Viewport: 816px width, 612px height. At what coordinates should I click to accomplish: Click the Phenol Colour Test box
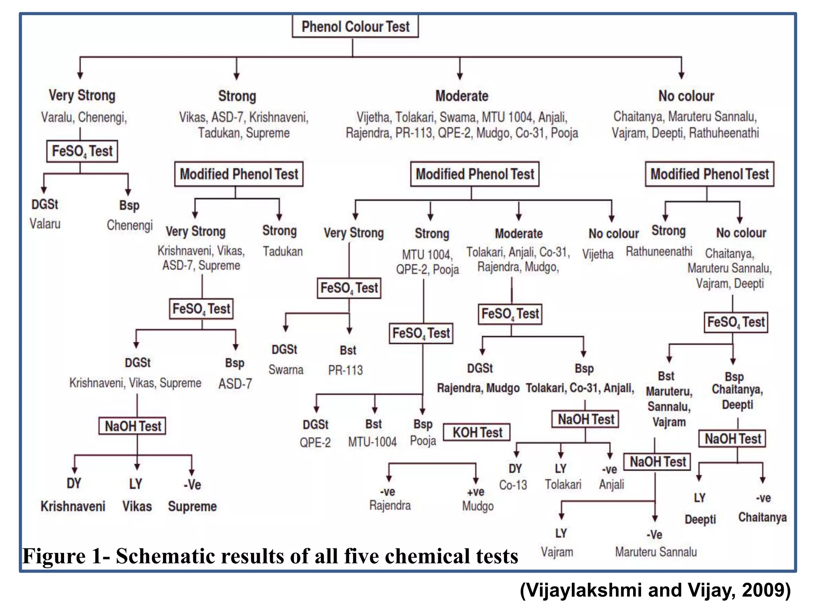point(355,26)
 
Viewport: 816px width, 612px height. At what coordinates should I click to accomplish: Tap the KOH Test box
point(477,432)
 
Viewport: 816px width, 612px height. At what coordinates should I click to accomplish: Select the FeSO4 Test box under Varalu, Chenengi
point(82,151)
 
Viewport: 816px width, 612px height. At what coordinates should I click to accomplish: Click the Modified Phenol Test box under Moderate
point(475,174)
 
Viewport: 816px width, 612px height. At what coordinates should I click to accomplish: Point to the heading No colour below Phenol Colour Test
point(686,96)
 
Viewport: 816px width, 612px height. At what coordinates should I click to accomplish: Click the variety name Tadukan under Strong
point(282,251)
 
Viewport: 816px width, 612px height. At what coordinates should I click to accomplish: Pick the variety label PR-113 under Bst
point(345,370)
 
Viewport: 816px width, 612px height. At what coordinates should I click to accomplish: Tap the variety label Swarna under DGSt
point(286,370)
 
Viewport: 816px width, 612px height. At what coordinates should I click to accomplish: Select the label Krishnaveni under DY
point(73,506)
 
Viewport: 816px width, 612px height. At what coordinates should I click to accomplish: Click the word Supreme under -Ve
point(192,506)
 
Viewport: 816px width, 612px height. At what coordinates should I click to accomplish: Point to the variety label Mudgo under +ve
point(478,506)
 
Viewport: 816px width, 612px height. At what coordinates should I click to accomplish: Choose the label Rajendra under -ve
point(390,506)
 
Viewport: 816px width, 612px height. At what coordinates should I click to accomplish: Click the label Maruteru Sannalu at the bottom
point(656,552)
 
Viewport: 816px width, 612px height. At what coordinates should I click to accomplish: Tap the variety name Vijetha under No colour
point(598,254)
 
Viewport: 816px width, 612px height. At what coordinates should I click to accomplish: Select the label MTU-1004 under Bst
point(373,442)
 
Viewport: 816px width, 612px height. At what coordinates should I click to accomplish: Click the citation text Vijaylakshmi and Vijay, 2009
point(655,590)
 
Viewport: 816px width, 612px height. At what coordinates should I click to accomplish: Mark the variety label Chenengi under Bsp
point(129,225)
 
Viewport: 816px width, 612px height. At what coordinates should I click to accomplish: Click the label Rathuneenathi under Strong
point(659,251)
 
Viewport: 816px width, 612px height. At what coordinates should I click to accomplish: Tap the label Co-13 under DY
point(513,485)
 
